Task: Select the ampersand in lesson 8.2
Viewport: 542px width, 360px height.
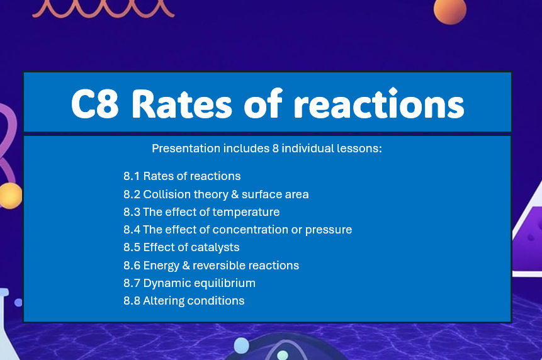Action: pyautogui.click(x=228, y=194)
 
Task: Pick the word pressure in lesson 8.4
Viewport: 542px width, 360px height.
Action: pyautogui.click(x=328, y=230)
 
